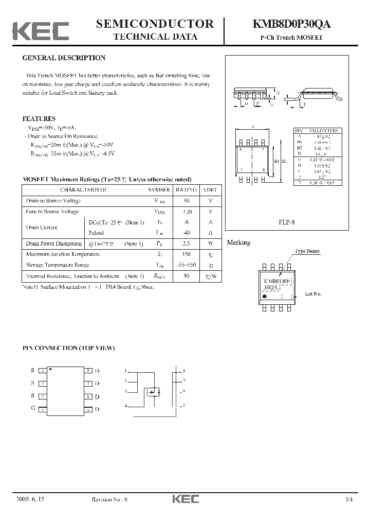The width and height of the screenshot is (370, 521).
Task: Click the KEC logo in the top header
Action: click(x=41, y=30)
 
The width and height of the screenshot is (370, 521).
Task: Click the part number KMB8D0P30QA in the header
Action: click(x=291, y=24)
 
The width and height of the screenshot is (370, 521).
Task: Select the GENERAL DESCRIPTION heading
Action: click(x=64, y=58)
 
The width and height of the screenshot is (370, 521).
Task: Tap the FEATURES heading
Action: click(x=39, y=119)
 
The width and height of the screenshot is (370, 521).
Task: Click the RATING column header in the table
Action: click(x=186, y=189)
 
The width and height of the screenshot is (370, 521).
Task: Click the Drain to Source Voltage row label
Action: click(x=53, y=201)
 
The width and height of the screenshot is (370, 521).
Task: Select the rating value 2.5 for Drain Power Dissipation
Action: click(x=186, y=244)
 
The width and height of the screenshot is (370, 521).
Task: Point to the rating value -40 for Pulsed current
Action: click(x=186, y=233)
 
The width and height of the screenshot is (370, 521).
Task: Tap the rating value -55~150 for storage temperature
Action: click(x=186, y=265)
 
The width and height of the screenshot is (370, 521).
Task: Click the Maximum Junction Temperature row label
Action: click(x=63, y=254)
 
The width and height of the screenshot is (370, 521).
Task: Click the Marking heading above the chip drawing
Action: click(x=238, y=242)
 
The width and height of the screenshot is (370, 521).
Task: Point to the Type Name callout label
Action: click(x=307, y=251)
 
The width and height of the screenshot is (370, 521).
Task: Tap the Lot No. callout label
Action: click(x=313, y=293)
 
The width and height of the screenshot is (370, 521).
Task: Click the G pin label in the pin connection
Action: click(x=32, y=409)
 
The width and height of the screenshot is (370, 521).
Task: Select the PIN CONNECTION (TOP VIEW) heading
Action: click(x=68, y=348)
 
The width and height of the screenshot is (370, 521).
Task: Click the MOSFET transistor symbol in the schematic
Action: click(x=154, y=392)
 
